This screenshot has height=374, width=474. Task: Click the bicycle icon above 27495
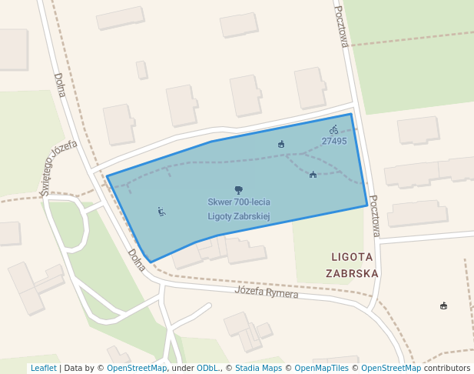333,130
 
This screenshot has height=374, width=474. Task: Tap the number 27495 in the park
334,142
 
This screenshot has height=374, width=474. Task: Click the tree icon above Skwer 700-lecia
238,189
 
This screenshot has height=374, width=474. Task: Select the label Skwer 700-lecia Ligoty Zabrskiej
239,209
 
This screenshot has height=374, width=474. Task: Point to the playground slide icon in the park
161,211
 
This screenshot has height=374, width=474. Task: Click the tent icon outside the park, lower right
443,306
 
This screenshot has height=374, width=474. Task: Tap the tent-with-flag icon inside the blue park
281,144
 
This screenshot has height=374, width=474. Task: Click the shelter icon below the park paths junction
313,175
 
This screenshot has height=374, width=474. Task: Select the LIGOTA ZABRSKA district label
352,264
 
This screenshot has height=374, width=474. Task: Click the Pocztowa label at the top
341,27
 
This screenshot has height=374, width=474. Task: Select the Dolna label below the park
137,260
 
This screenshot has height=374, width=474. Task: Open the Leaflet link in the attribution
43,368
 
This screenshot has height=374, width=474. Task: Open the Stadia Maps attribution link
258,368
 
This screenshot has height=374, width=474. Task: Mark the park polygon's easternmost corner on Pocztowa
367,205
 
